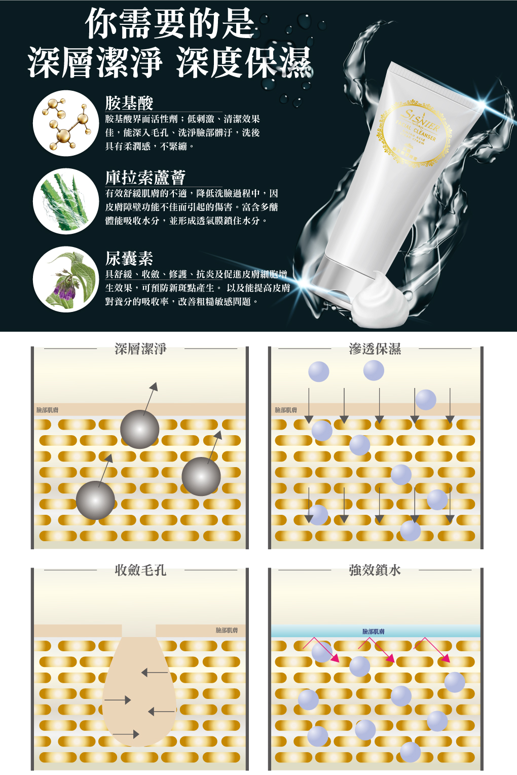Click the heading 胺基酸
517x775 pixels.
coord(129,103)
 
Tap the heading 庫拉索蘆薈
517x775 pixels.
coord(145,178)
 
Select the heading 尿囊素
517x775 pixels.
coord(129,258)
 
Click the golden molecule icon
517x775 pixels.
coord(65,123)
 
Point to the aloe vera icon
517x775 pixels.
coord(65,201)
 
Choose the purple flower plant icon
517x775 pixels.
coord(65,279)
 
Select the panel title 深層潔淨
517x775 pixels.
coord(140,349)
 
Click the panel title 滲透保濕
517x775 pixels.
coord(375,349)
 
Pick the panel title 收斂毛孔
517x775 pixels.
coord(140,570)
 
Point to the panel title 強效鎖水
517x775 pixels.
coord(375,570)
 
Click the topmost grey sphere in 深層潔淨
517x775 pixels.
coord(140,429)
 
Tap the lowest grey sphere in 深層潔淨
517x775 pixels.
coord(95,500)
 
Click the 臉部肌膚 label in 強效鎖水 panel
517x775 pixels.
coord(374,631)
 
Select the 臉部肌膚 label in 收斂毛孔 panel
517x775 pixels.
coord(227,630)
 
